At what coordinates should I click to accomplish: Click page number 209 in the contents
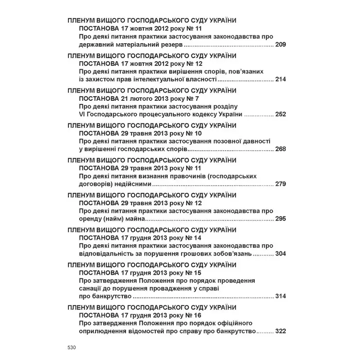tap(280, 45)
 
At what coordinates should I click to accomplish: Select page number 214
tap(280, 80)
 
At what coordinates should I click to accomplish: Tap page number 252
tap(280, 114)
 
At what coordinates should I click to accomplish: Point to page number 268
tap(280, 149)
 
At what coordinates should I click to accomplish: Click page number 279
tap(280, 184)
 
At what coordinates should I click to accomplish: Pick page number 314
tap(280, 297)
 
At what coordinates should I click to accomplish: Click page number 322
tap(280, 332)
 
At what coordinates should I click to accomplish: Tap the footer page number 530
tap(71, 348)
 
